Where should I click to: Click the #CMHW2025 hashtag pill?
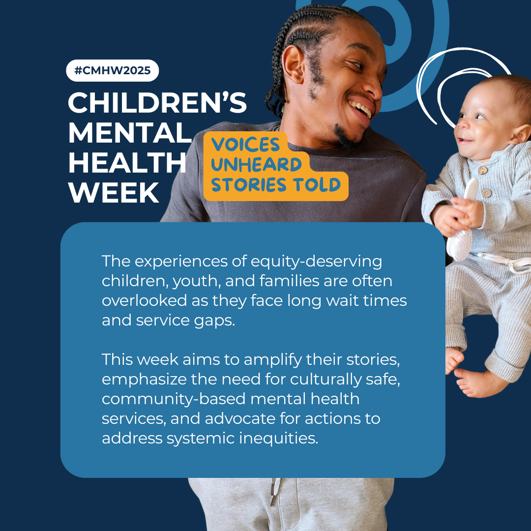pos(113,70)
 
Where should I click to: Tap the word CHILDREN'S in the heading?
pos(157,103)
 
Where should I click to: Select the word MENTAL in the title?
pos(130,133)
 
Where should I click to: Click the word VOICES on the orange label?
pos(245,145)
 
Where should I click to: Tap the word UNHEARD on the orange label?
pos(256,165)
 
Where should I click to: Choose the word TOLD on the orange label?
pos(317,184)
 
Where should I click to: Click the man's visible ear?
pos(293,64)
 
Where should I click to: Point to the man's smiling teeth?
pos(361,109)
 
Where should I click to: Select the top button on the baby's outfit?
pos(483,170)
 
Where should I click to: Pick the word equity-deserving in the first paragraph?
pos(316,262)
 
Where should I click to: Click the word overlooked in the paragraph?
pos(144,300)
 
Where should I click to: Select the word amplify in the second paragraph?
pos(272,360)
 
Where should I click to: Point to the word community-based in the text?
pos(174,399)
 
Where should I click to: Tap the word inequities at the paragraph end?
pos(279,438)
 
